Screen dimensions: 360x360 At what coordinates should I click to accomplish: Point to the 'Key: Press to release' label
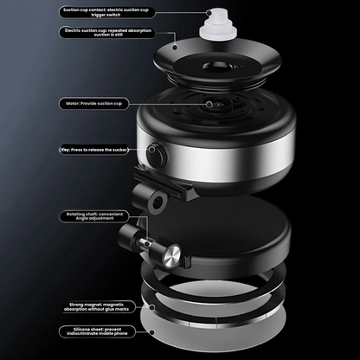click(95, 149)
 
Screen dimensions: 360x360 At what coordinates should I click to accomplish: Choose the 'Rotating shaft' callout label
click(94, 217)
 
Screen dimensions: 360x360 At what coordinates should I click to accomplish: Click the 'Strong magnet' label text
click(98, 305)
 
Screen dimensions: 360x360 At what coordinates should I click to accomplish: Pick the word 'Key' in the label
click(66, 149)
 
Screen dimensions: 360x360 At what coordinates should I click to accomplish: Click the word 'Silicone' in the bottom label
click(74, 329)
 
